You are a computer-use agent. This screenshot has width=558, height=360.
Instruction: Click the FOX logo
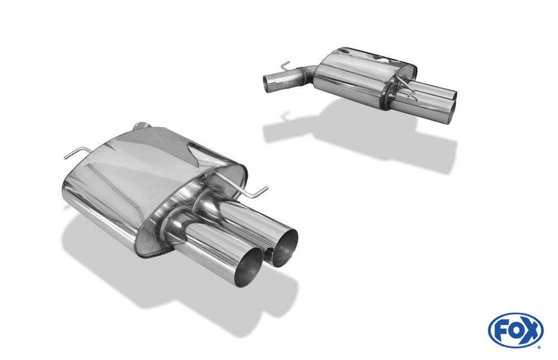pos(516,330)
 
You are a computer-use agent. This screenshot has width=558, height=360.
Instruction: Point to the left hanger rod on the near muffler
pos(75,152)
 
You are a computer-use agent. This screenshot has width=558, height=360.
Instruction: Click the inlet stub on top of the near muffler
pos(144,124)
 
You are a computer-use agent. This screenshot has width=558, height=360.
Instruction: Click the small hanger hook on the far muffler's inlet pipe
pos(285,65)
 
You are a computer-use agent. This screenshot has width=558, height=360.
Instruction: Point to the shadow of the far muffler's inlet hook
pos(285,116)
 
